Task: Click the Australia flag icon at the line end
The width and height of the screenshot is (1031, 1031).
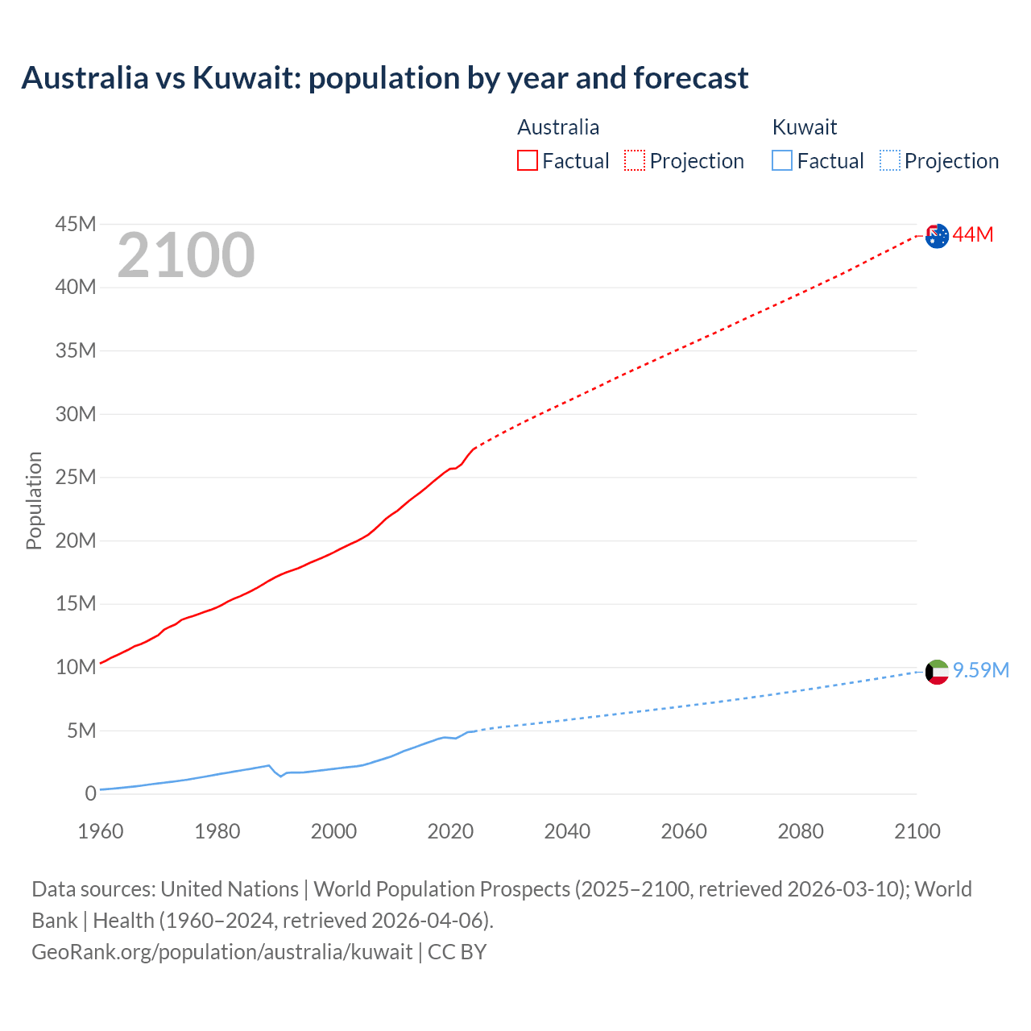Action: click(x=937, y=236)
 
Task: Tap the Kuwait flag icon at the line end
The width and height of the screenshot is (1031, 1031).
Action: click(x=937, y=672)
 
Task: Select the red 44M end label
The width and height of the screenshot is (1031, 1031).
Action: click(x=972, y=234)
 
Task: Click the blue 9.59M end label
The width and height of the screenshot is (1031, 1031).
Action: click(x=980, y=670)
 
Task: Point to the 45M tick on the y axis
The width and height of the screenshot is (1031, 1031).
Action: click(x=76, y=224)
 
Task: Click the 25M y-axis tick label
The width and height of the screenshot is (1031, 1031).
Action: click(x=76, y=477)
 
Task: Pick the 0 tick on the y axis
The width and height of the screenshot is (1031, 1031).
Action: click(x=90, y=793)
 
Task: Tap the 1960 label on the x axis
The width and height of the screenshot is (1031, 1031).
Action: click(x=101, y=831)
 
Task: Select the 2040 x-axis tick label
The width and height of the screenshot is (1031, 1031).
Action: click(x=567, y=831)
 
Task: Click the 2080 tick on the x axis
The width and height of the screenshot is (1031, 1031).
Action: click(x=801, y=831)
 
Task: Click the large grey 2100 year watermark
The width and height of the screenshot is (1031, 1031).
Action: click(x=186, y=255)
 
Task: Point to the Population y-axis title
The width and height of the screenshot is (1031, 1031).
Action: click(x=34, y=500)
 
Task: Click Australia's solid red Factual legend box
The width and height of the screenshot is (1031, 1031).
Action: click(x=527, y=160)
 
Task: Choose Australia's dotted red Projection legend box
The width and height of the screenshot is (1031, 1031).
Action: click(x=635, y=160)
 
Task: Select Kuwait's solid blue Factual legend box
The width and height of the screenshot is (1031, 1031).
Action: click(x=782, y=160)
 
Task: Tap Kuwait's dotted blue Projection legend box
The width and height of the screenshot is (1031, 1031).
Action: click(x=890, y=160)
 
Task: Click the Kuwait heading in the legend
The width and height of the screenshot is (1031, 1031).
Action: click(x=804, y=127)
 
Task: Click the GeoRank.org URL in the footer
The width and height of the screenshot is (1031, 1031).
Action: click(x=222, y=951)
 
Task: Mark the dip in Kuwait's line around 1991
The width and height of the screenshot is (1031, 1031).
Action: click(x=280, y=776)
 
